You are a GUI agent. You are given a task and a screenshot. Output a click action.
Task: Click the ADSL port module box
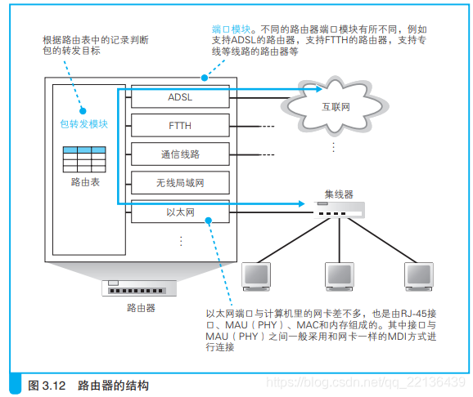pyautogui.click(x=180, y=97)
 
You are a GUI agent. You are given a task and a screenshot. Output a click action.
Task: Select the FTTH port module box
pyautogui.click(x=180, y=126)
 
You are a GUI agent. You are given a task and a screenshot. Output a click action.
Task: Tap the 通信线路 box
pyautogui.click(x=180, y=154)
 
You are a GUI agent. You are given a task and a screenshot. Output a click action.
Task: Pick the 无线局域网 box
pyautogui.click(x=180, y=183)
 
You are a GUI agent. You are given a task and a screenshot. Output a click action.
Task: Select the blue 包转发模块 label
pyautogui.click(x=84, y=124)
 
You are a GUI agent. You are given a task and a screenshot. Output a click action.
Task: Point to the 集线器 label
pyautogui.click(x=338, y=194)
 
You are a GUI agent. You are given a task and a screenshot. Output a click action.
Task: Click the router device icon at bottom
pyautogui.click(x=141, y=288)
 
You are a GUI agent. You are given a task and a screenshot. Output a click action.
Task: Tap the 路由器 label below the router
pyautogui.click(x=141, y=308)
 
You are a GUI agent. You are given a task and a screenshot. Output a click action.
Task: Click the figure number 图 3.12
pyautogui.click(x=46, y=383)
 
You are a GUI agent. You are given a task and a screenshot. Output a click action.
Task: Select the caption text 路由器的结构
pyautogui.click(x=114, y=383)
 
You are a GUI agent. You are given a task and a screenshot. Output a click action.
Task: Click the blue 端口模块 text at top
pyautogui.click(x=229, y=30)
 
